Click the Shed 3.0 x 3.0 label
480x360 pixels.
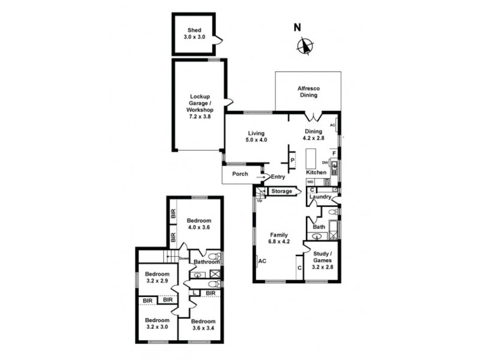coord(193,33)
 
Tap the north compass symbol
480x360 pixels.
coord(305,45)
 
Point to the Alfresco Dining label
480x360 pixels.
coord(308,92)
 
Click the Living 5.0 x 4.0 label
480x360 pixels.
coord(256,136)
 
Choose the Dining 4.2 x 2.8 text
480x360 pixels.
coord(314,135)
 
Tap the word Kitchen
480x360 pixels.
coord(316,172)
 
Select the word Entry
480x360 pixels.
coord(278,176)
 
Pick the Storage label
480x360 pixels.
coord(281,191)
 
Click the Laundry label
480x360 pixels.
coord(320,196)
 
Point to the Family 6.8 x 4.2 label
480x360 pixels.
coord(278,239)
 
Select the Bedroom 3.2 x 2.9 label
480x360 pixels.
coord(157,278)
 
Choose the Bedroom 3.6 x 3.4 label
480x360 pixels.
coord(203,325)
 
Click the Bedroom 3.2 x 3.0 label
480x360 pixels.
coord(157,323)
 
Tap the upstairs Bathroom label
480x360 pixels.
coord(207,262)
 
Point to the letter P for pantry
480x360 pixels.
coord(292,161)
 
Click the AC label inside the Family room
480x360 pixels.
coord(262,261)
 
